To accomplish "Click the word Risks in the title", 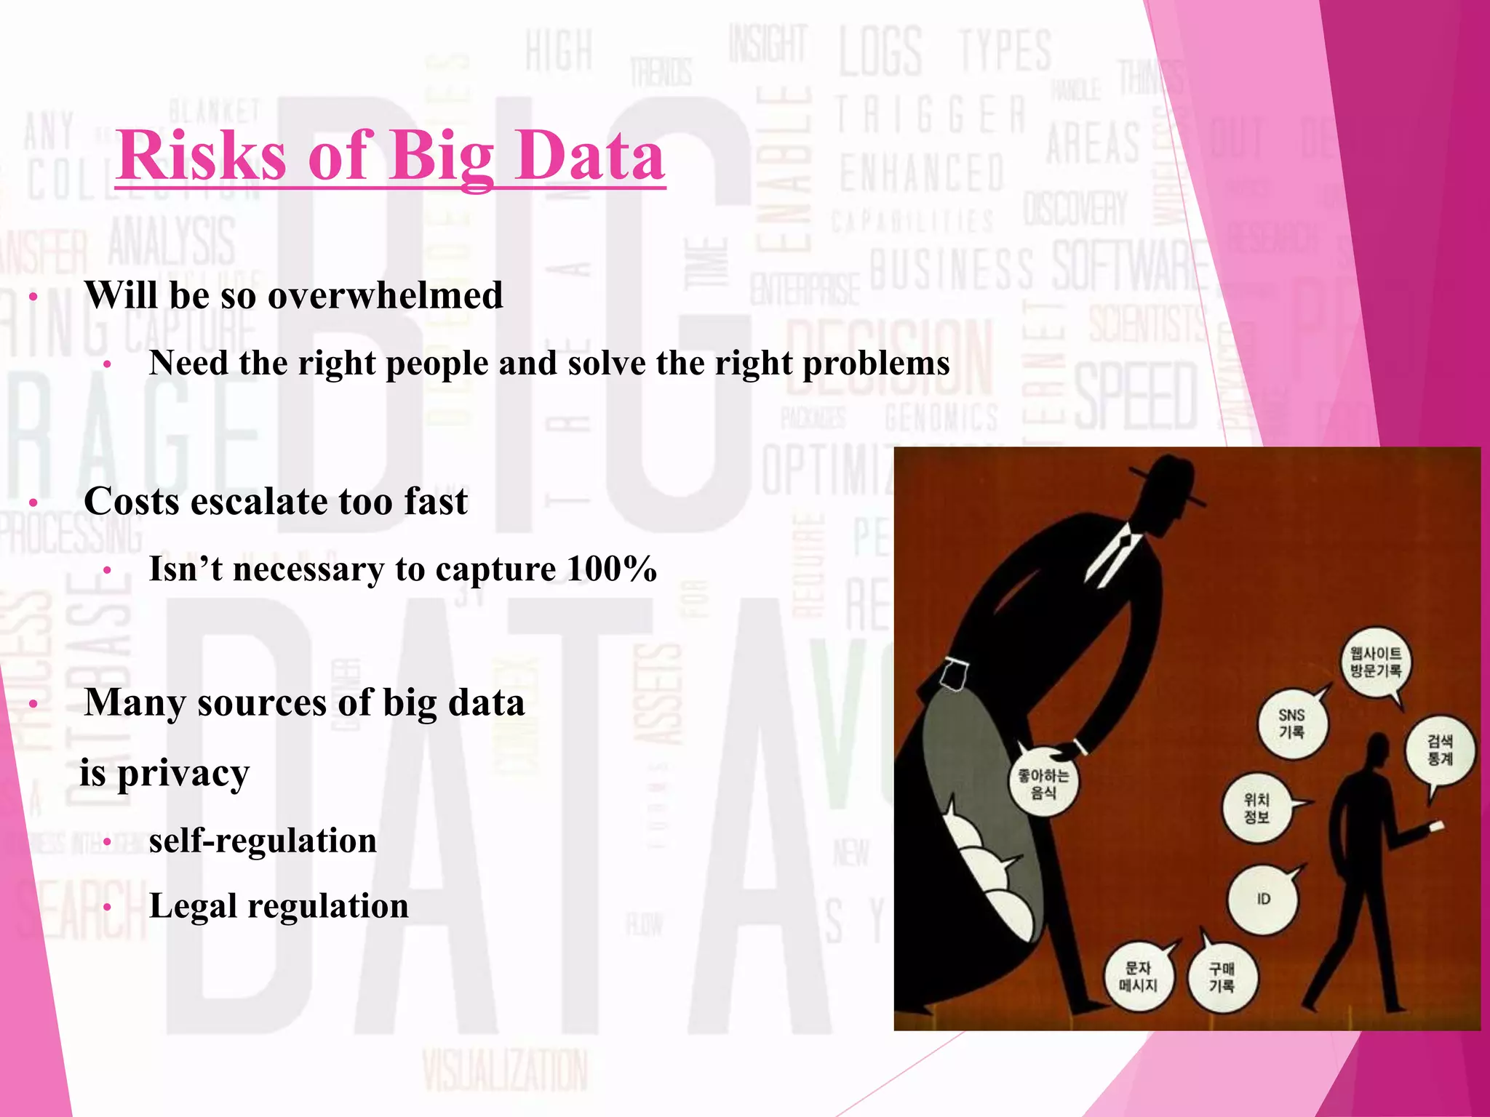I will [x=202, y=156].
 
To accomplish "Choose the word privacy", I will [x=183, y=772].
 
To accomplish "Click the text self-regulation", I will [x=263, y=841].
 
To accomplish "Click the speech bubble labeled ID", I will [x=1263, y=899].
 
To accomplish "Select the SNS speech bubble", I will [x=1292, y=724].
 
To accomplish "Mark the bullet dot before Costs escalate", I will [x=33, y=503].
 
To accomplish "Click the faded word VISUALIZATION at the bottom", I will [x=504, y=1070].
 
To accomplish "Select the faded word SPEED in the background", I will [x=1136, y=396].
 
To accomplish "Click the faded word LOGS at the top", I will [x=880, y=52].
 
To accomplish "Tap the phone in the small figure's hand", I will [x=1436, y=825].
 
